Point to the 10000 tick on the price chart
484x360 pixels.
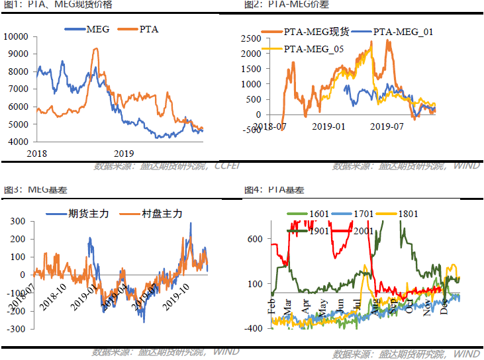point(17,36)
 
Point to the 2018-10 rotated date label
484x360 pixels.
point(52,296)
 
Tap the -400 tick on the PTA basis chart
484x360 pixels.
point(256,328)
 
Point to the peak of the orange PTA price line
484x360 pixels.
point(96,48)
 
